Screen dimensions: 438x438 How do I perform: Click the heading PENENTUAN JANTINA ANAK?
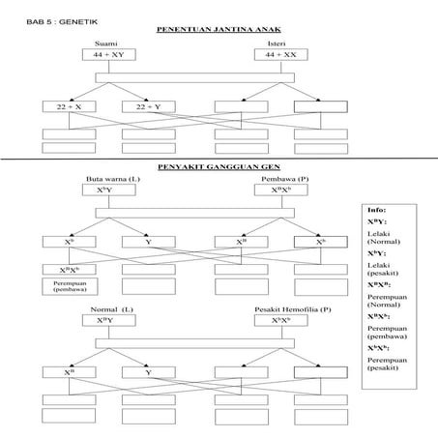coord(212,30)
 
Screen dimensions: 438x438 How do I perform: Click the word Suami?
coord(105,44)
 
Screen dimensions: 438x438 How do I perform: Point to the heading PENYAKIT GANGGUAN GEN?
coord(212,165)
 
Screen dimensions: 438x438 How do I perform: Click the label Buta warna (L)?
coord(106,180)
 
